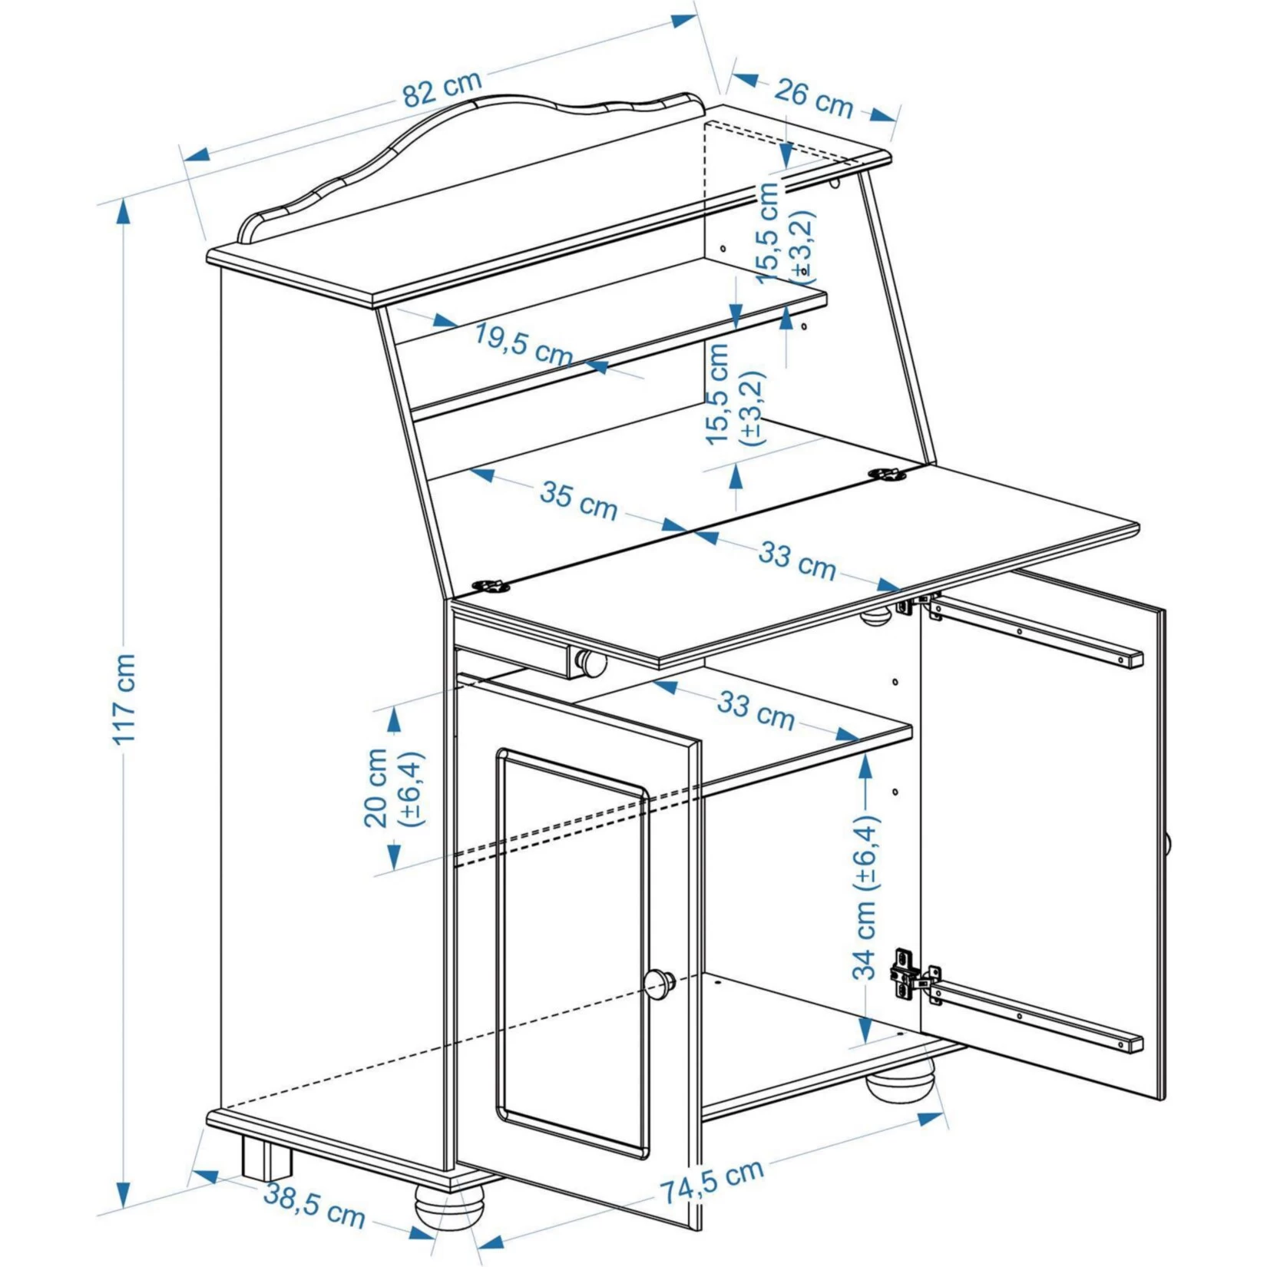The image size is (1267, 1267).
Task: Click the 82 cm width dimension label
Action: (x=442, y=89)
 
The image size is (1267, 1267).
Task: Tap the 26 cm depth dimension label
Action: (x=813, y=98)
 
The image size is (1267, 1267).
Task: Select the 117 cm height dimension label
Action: (x=124, y=699)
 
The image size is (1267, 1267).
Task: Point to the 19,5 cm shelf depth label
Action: (x=523, y=345)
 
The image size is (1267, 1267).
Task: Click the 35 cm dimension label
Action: (x=578, y=500)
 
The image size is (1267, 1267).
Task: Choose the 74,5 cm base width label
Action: (x=712, y=1180)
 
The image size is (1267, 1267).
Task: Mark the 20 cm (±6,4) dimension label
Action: (x=393, y=788)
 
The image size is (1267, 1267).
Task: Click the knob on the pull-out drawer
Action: (x=590, y=663)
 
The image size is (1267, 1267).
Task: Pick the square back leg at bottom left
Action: (x=267, y=1159)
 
